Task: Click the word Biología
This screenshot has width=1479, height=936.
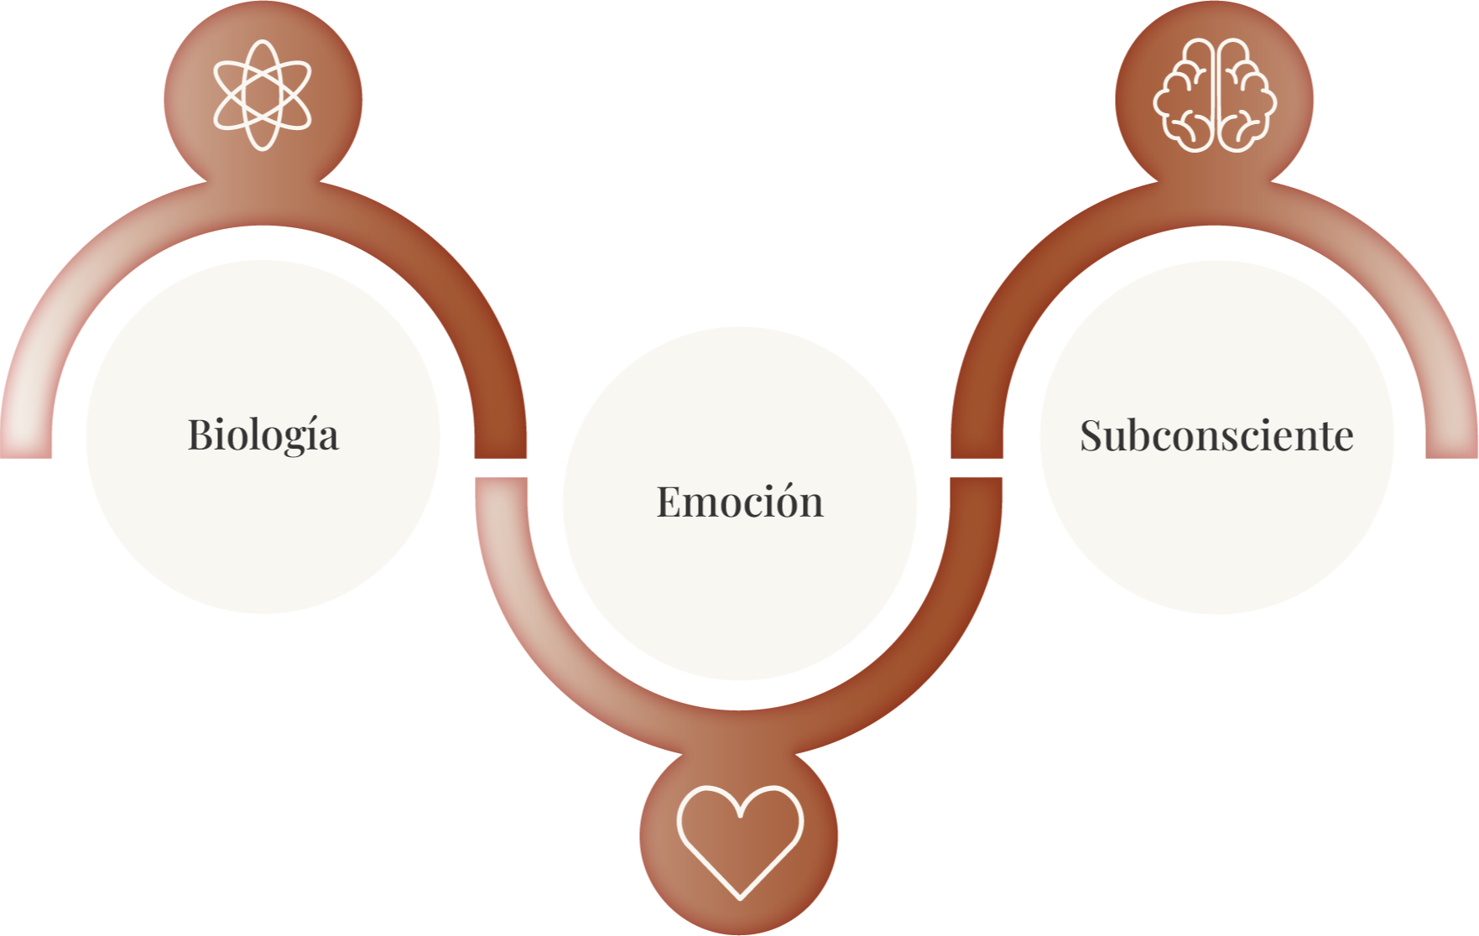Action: tap(263, 435)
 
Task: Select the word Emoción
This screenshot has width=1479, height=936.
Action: tap(739, 502)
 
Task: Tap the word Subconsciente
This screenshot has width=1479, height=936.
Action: tap(1216, 435)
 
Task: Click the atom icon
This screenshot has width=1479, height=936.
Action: tap(263, 95)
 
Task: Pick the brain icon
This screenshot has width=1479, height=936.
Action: tap(1215, 96)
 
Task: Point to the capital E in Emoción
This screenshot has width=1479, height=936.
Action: tap(669, 502)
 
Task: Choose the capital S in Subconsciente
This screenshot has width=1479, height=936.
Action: tap(1091, 435)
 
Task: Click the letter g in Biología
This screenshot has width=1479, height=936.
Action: tap(290, 439)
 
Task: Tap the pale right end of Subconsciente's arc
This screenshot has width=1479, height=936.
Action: tap(1452, 419)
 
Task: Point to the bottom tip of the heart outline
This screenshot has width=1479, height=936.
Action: tap(740, 898)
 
